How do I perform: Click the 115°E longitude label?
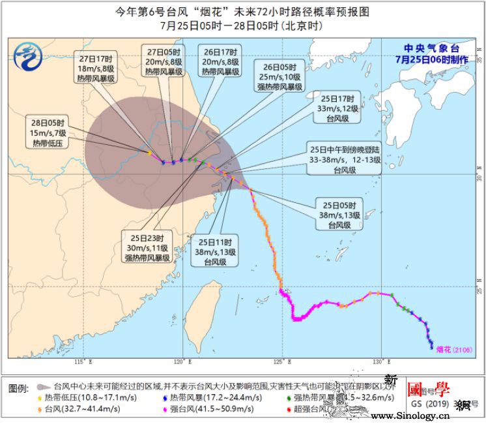tap(80, 361)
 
